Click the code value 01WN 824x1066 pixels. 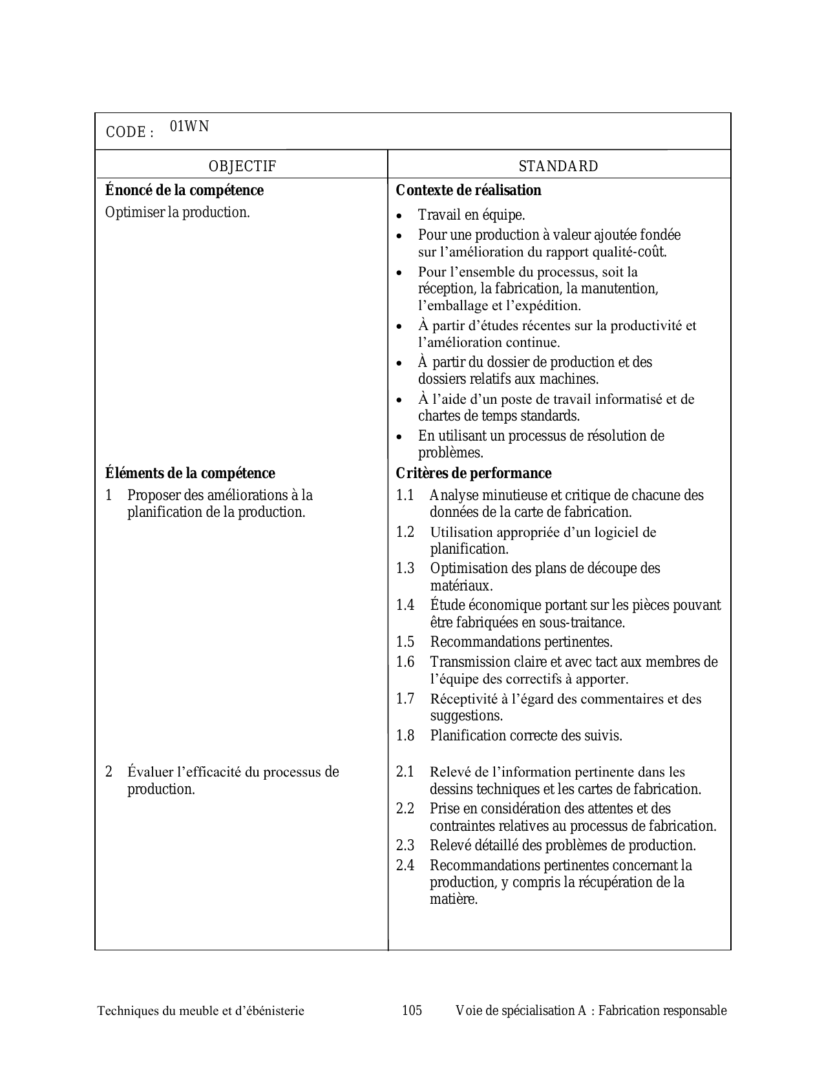[189, 126]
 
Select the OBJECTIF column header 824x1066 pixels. [242, 166]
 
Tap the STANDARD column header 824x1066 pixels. [558, 166]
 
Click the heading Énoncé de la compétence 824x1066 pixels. [184, 190]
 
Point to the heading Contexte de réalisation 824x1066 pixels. [469, 190]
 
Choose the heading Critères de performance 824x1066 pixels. [474, 473]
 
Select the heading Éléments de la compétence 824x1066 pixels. [190, 473]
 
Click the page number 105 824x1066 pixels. [412, 1010]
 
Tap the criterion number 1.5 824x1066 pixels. [405, 642]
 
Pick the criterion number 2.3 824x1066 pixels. [405, 845]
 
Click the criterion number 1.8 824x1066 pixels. [405, 735]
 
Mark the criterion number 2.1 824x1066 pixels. [405, 771]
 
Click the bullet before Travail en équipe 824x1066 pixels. [401, 216]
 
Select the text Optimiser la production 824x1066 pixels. [178, 212]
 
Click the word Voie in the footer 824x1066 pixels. [467, 1010]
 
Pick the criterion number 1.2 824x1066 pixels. [405, 532]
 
